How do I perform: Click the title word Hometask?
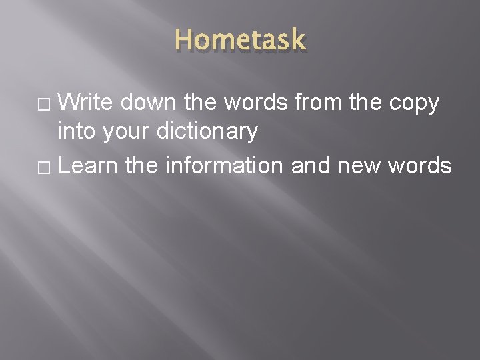coord(240,41)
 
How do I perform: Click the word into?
coord(77,131)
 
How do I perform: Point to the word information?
coord(224,165)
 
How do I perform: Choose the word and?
coord(311,165)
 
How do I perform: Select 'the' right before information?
coord(141,165)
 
